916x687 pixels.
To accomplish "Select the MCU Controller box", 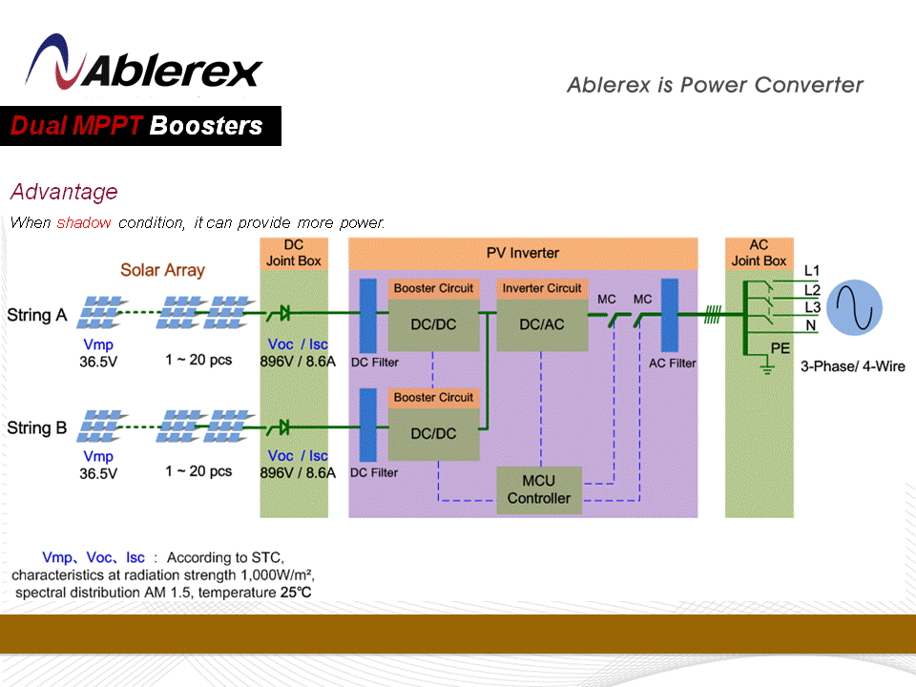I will (x=539, y=489).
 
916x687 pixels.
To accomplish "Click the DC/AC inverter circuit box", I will (x=541, y=324).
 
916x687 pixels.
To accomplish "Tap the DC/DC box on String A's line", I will (x=433, y=324).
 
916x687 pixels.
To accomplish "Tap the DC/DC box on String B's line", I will (x=433, y=433).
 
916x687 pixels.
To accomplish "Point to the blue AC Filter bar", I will (x=669, y=315).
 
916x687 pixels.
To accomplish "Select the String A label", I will (x=36, y=315).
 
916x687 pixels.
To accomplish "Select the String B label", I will (x=36, y=427).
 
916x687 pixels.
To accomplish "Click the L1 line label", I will (x=812, y=270).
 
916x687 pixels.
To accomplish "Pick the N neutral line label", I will (x=811, y=325).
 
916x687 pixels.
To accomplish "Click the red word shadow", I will (x=84, y=223).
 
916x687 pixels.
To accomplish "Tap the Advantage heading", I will (x=64, y=192).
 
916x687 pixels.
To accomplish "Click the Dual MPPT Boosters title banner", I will (x=140, y=126).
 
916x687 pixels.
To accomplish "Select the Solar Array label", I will (x=162, y=270).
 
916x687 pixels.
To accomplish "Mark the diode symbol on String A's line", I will (x=284, y=313).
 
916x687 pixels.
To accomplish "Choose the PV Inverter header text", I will (x=523, y=253).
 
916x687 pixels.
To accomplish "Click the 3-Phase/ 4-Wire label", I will (x=852, y=366).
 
